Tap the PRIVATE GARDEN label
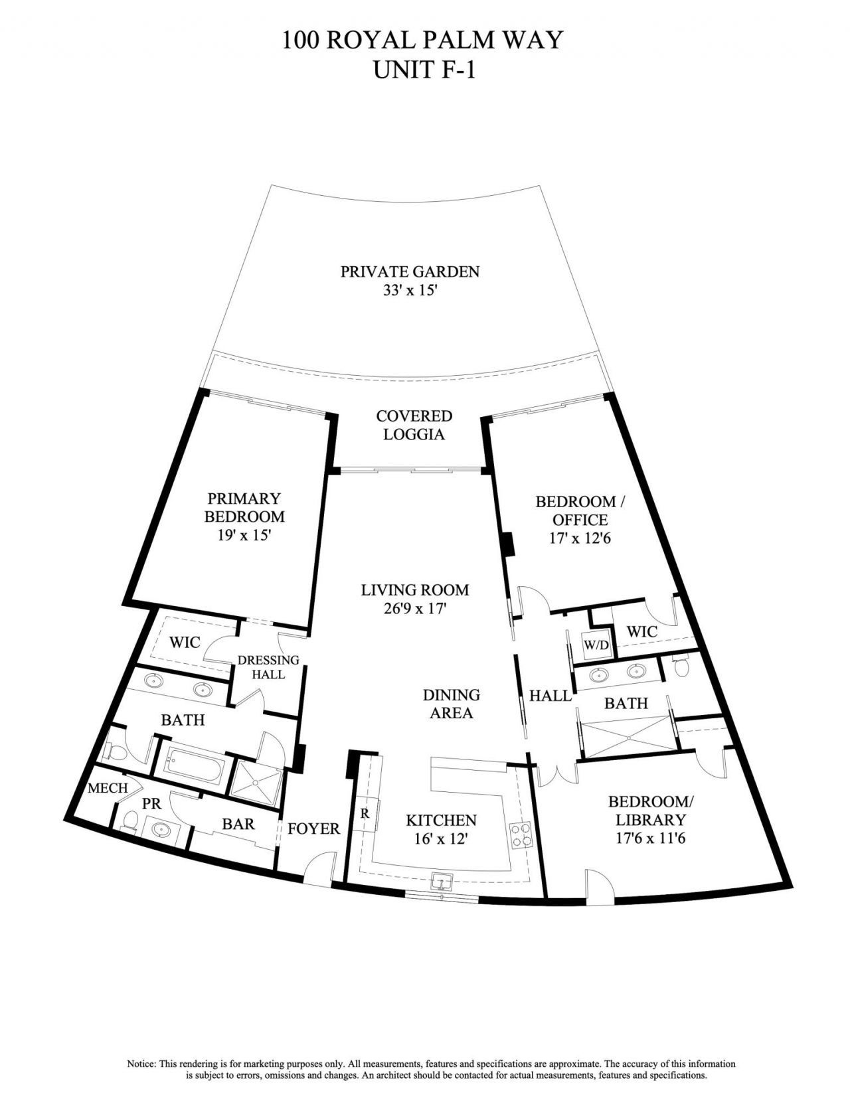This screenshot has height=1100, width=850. pyautogui.click(x=410, y=272)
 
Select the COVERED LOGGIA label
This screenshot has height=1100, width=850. pyautogui.click(x=414, y=425)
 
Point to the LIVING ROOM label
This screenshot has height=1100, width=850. pyautogui.click(x=415, y=589)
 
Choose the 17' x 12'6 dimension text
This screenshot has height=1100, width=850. pyautogui.click(x=580, y=538)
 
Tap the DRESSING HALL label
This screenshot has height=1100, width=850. pyautogui.click(x=268, y=667)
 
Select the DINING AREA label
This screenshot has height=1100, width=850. pyautogui.click(x=451, y=704)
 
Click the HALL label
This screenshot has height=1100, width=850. pyautogui.click(x=550, y=696)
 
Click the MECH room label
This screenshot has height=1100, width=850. pyautogui.click(x=108, y=788)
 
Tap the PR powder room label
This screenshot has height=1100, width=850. pyautogui.click(x=152, y=803)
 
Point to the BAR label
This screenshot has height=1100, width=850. pyautogui.click(x=238, y=824)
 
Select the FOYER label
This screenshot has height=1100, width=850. pyautogui.click(x=313, y=828)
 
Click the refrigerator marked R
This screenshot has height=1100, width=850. pyautogui.click(x=365, y=813)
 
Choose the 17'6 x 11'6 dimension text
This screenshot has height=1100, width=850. pyautogui.click(x=650, y=838)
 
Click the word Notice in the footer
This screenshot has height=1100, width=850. pyautogui.click(x=142, y=1063)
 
